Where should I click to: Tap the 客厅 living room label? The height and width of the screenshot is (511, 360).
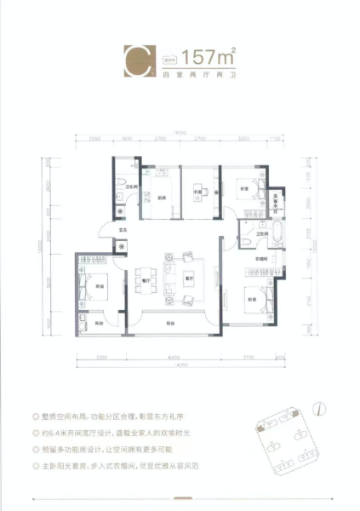click(x=189, y=278)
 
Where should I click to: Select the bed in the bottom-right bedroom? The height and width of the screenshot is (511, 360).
click(x=259, y=297)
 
